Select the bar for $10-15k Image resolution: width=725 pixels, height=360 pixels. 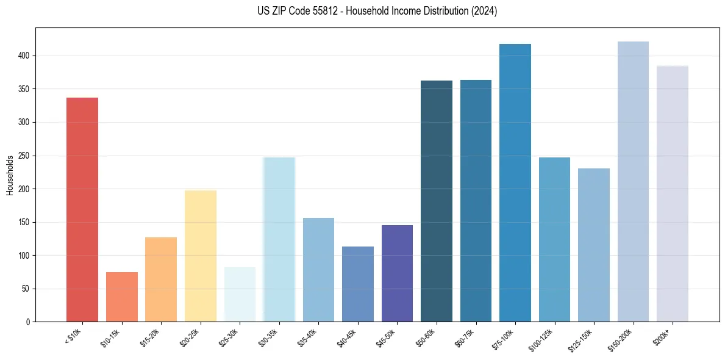[x=122, y=297]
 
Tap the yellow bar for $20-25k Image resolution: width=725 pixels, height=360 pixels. [x=201, y=256]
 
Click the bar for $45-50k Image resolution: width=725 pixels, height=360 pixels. [x=397, y=273]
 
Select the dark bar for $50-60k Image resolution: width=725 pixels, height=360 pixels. [x=437, y=201]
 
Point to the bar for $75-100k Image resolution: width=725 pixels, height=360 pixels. [x=515, y=182]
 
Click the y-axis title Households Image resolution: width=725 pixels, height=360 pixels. [x=10, y=175]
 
